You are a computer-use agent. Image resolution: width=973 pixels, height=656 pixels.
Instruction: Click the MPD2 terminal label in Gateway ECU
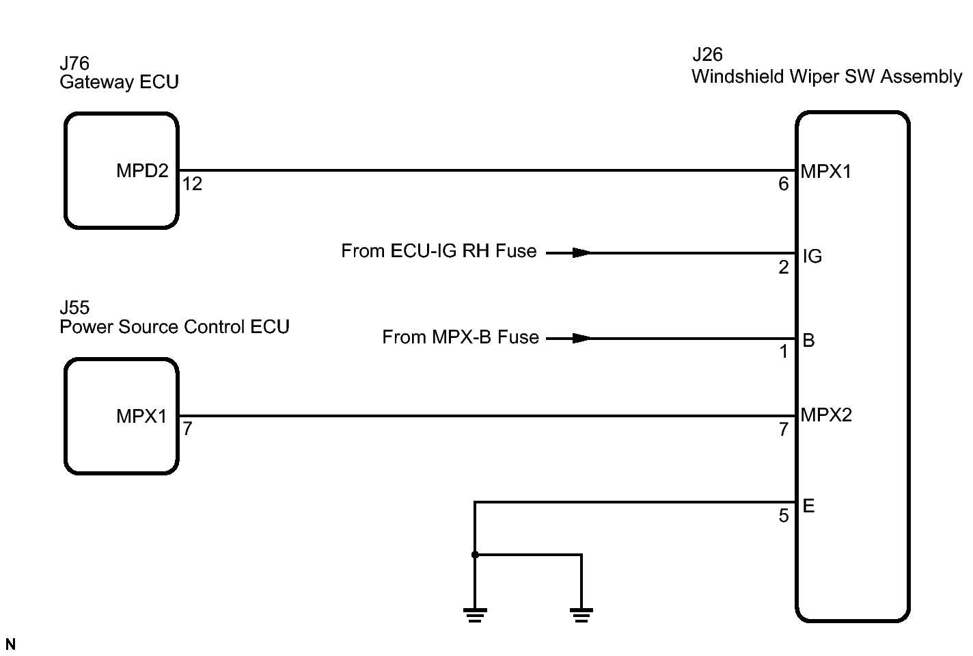[142, 171]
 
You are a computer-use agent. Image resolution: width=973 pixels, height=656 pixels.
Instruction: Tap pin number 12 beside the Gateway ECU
[192, 184]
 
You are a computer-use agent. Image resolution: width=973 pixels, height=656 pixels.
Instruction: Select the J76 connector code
[74, 64]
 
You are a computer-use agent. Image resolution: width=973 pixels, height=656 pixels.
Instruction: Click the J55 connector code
[74, 308]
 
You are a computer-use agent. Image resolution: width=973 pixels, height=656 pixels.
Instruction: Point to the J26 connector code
[707, 55]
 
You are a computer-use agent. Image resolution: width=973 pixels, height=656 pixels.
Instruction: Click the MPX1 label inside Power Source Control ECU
[141, 416]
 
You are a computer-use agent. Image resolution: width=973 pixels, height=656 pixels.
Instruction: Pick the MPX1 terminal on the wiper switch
[826, 172]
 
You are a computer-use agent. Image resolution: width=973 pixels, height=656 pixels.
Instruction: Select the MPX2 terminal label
[826, 415]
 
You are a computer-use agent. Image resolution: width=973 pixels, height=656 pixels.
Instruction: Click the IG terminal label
[812, 257]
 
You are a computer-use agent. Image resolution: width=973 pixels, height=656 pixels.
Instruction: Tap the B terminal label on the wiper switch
[808, 341]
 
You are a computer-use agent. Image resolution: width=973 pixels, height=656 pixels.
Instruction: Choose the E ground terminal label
[808, 506]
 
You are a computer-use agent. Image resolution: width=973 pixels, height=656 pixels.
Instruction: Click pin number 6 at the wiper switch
[784, 184]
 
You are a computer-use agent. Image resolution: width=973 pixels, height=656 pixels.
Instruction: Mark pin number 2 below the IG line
[784, 267]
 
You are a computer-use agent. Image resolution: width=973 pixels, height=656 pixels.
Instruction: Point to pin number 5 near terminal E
[784, 516]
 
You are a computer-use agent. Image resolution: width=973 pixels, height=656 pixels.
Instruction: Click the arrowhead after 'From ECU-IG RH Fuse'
[581, 253]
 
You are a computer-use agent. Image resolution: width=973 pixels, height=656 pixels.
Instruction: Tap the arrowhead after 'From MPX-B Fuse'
[581, 338]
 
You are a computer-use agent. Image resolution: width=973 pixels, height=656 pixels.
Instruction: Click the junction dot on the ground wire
[475, 555]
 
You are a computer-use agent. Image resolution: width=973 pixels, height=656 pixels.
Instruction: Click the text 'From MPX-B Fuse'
[460, 337]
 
